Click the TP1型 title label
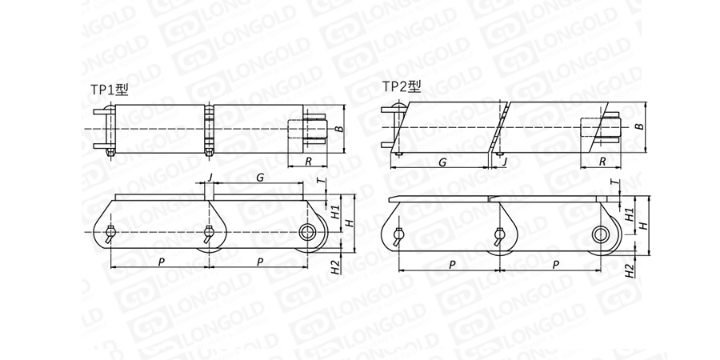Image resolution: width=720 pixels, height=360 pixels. click(x=110, y=89)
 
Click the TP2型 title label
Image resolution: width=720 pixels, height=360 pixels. click(x=402, y=86)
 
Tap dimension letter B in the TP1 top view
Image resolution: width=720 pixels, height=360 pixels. click(x=339, y=128)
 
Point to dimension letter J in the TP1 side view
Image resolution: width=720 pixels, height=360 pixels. click(x=210, y=178)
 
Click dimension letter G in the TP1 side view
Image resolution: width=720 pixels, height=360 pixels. click(x=260, y=178)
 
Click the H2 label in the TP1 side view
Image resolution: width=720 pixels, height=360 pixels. click(x=336, y=267)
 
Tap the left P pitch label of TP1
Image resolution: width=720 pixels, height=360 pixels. click(x=162, y=262)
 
